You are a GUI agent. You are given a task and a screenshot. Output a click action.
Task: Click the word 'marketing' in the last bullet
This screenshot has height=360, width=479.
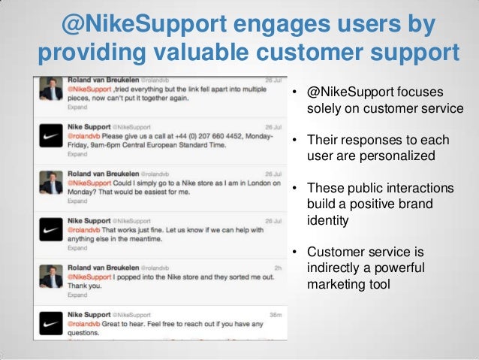(340, 285)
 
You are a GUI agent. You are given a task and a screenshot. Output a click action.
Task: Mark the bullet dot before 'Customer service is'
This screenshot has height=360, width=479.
(297, 253)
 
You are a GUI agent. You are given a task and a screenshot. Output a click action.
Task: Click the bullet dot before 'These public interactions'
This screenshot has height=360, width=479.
(297, 189)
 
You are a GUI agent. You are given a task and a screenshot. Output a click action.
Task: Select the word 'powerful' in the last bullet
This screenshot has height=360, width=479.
(399, 268)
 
